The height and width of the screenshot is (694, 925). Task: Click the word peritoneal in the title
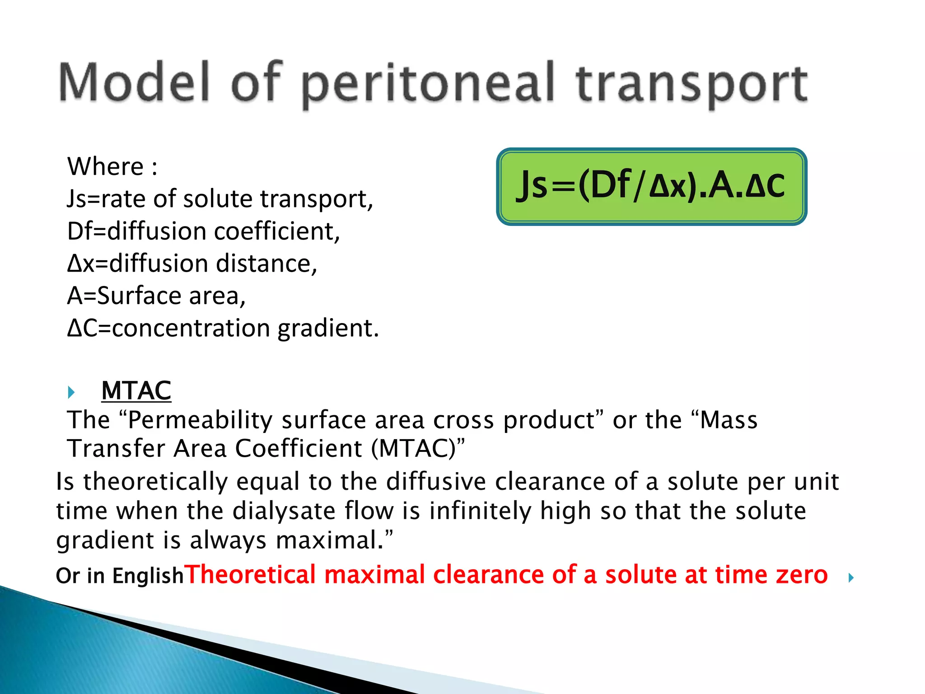(427, 84)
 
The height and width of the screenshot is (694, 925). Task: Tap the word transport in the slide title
(692, 84)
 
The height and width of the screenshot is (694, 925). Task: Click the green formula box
(651, 186)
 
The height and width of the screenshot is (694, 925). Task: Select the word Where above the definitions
(106, 166)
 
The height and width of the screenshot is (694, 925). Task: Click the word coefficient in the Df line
(276, 231)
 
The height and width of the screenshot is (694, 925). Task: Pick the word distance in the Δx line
(266, 263)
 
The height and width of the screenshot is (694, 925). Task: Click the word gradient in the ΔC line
(327, 328)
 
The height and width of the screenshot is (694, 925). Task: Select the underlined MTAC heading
(136, 390)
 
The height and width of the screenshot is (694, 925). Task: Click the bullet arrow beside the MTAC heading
(71, 392)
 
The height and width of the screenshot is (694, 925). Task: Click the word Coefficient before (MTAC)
(299, 449)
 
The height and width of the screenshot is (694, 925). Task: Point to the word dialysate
(285, 511)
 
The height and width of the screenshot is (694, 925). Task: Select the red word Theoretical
(250, 575)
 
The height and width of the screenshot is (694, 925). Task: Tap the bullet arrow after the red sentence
(851, 577)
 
